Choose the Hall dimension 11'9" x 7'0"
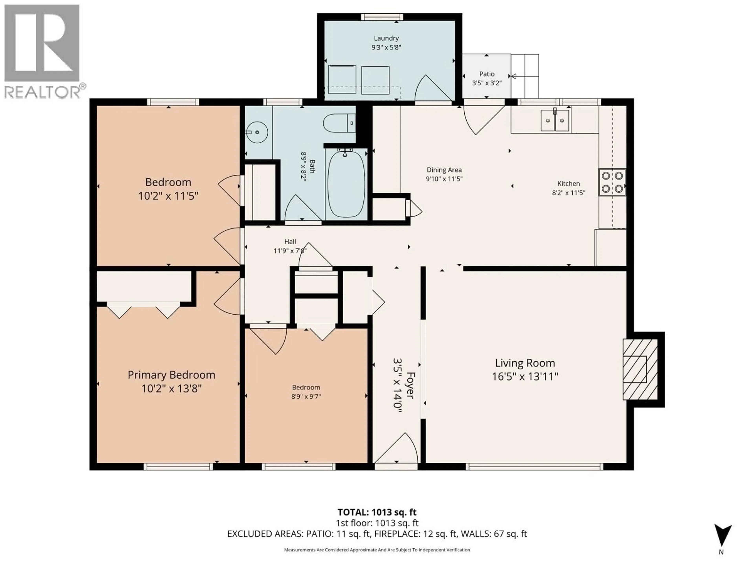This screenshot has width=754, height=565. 290,251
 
